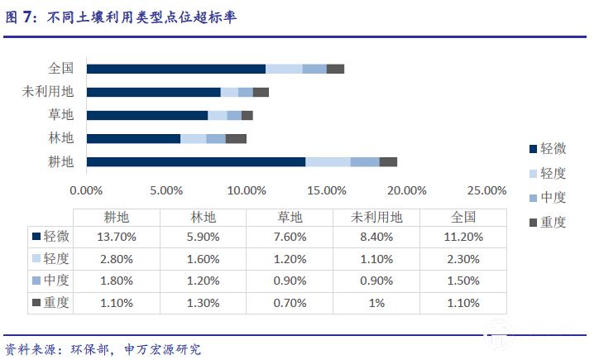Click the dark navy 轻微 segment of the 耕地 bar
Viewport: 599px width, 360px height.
point(195,162)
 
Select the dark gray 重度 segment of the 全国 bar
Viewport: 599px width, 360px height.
point(335,69)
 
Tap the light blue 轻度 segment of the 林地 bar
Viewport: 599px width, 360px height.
point(193,139)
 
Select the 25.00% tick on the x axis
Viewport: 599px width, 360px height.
point(486,190)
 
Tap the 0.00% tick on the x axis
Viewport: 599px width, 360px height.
point(86,190)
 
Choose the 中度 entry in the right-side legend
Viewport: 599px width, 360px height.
point(547,198)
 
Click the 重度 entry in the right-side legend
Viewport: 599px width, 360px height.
point(547,222)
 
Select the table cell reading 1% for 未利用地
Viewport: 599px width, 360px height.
point(376,304)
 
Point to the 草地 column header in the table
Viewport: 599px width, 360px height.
point(290,218)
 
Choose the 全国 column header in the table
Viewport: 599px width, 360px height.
point(463,218)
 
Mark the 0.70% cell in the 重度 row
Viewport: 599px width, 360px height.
point(290,304)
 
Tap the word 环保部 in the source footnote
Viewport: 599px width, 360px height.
point(87,349)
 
